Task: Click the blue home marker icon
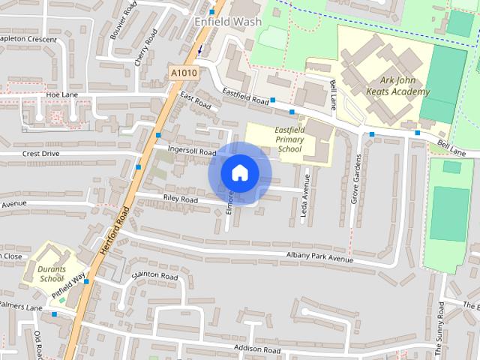[239, 173]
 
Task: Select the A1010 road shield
[182, 73]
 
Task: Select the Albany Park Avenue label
[319, 259]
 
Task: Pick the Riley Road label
[180, 200]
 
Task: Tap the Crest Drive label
[40, 153]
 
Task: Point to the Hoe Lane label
[62, 95]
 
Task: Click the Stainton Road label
[154, 276]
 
